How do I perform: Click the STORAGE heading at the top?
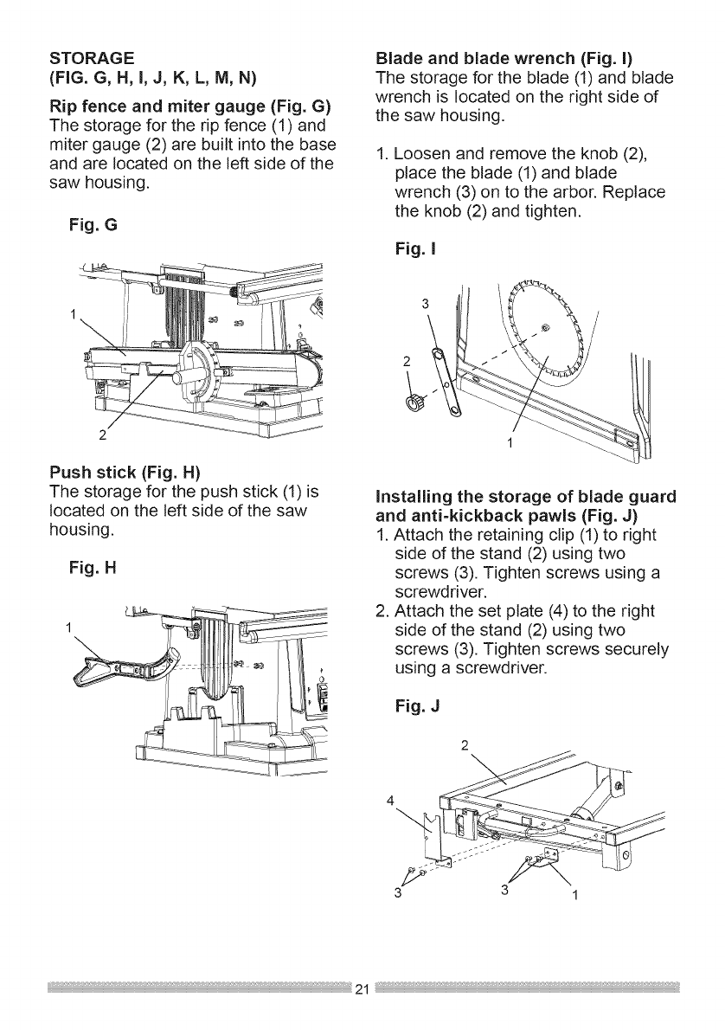(90, 58)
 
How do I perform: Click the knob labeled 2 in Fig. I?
(413, 400)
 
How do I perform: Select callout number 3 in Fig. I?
(424, 303)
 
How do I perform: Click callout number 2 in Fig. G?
(102, 434)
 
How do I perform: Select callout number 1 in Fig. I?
(510, 444)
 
